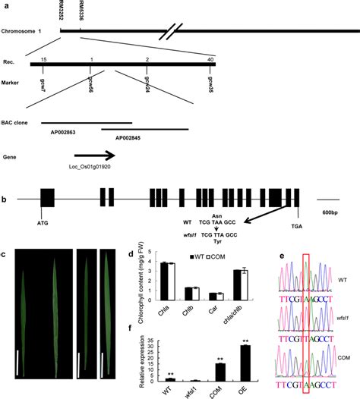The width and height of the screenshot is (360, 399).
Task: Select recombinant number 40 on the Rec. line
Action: tap(210, 58)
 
